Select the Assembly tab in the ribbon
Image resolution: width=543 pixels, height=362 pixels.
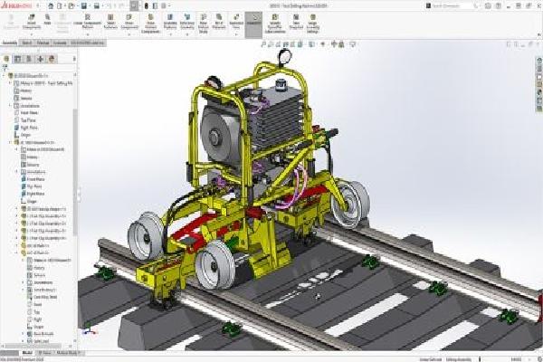coord(10,42)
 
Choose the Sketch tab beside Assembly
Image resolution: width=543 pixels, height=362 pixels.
coord(28,42)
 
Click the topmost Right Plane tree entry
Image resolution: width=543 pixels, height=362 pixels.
coord(28,128)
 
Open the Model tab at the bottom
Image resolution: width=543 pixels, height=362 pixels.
coord(26,353)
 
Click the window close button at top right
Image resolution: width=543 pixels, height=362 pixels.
coord(537,5)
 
